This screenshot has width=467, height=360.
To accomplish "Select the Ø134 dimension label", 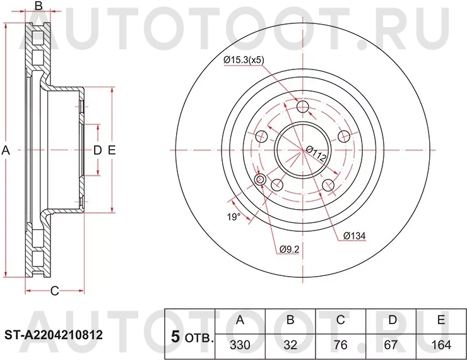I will tap(355, 236).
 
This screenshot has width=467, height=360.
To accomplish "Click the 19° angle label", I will tap(233, 217).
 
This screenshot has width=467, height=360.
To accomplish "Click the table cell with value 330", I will tap(240, 346).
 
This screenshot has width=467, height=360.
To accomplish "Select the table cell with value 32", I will tap(290, 346).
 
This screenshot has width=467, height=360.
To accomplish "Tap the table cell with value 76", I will tap(341, 346).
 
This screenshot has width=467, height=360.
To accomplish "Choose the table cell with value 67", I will tap(391, 346).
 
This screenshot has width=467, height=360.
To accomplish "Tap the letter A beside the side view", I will tap(6, 150).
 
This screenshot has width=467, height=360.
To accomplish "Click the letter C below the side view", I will tap(54, 291).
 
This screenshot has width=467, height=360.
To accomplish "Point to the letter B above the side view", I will tap(38, 6).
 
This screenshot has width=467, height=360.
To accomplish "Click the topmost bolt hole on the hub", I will tap(303, 106).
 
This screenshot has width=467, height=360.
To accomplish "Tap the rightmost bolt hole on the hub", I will tap(345, 136).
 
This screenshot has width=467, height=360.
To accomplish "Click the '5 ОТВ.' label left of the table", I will tap(192, 338).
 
